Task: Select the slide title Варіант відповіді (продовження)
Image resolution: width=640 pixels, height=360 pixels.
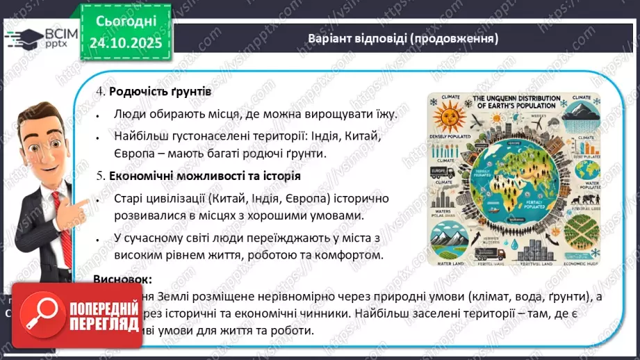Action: pyautogui.click(x=403, y=39)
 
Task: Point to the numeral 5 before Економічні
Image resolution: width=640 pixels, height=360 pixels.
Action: pyautogui.click(x=99, y=177)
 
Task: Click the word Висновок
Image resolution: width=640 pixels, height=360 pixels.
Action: pyautogui.click(x=122, y=279)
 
